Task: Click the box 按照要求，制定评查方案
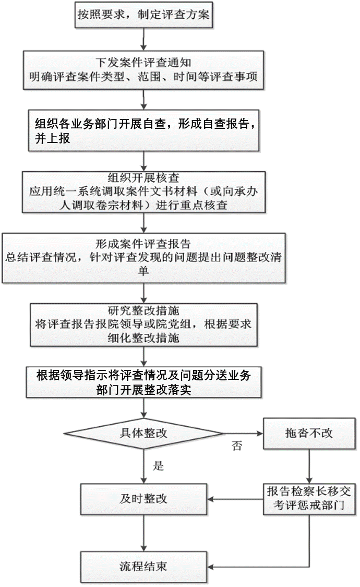tap(143, 15)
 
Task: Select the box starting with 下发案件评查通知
tap(143, 70)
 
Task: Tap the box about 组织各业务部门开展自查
tap(143, 130)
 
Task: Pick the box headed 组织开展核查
tap(143, 192)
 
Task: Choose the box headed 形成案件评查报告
tap(143, 258)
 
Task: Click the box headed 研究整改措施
tap(143, 325)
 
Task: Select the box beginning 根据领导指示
tap(143, 382)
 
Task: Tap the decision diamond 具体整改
tap(143, 434)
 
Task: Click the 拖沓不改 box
tap(309, 434)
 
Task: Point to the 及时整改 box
tap(143, 499)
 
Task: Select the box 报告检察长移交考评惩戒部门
tap(309, 499)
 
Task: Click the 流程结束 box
tap(143, 567)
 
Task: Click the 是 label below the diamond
tap(158, 466)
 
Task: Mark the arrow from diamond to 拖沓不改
tap(244, 434)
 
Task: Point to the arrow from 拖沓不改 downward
tap(309, 466)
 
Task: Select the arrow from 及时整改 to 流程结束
tap(143, 533)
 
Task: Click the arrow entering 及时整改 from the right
tap(235, 499)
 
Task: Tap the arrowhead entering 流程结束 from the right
tap(210, 567)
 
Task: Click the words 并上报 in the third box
tap(53, 138)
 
